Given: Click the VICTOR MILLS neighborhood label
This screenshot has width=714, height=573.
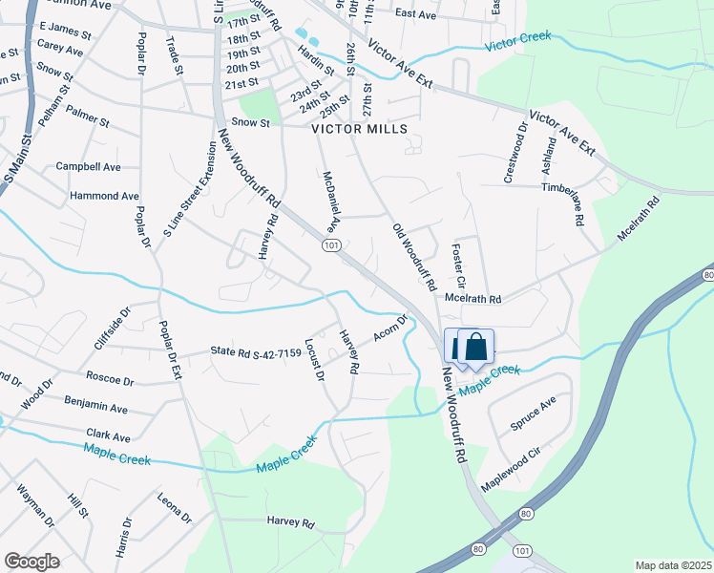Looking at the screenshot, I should pyautogui.click(x=359, y=129).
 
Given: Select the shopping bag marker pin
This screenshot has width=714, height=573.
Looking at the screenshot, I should pyautogui.click(x=475, y=348).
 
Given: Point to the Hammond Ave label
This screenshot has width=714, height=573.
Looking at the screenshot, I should pyautogui.click(x=104, y=196).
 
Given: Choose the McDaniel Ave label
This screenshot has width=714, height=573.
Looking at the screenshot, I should pyautogui.click(x=330, y=202).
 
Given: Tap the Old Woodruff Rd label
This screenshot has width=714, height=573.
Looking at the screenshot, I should pyautogui.click(x=414, y=257).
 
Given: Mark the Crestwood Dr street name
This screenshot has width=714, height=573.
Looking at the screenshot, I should pyautogui.click(x=516, y=152).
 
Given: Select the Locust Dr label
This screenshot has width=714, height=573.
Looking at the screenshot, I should pyautogui.click(x=313, y=359).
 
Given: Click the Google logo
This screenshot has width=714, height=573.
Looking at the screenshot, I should pyautogui.click(x=31, y=562).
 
